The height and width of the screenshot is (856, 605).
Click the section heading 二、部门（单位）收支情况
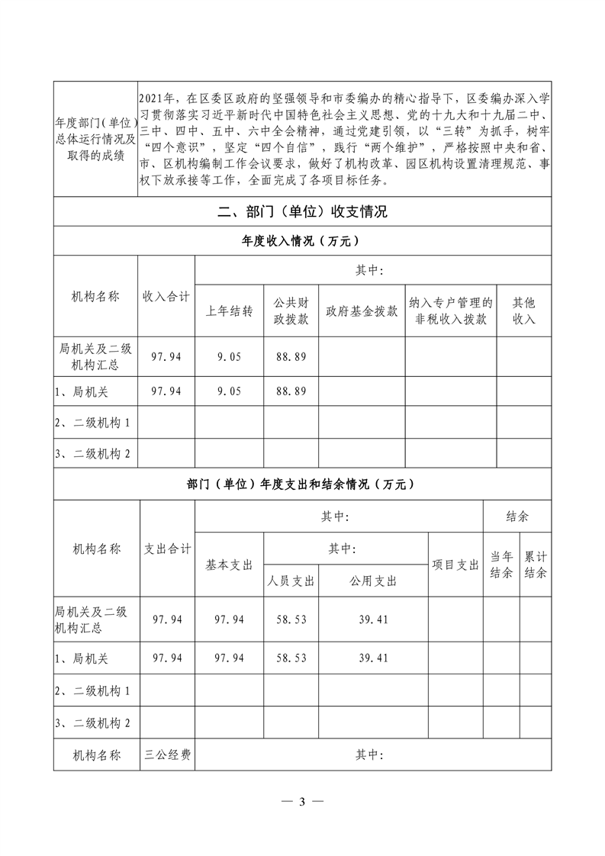[302, 212]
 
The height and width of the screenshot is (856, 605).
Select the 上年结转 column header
[229, 311]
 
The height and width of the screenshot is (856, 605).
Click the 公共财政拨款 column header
[291, 311]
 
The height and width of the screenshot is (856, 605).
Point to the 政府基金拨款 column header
[362, 311]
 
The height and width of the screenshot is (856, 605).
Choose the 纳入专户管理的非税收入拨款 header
[450, 311]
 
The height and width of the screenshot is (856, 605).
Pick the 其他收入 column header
[523, 311]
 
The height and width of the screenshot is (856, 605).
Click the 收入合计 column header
[166, 297]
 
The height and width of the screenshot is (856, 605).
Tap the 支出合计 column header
[168, 549]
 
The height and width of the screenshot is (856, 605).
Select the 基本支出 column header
[229, 565]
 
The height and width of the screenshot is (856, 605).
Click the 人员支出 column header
[291, 581]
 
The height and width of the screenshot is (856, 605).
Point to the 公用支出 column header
[373, 581]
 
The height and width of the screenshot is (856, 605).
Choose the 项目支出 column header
[455, 565]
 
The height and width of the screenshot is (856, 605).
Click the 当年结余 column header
[501, 565]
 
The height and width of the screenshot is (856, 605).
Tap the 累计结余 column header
[536, 565]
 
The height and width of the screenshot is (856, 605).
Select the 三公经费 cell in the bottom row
[168, 755]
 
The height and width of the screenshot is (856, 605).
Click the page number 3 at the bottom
[302, 802]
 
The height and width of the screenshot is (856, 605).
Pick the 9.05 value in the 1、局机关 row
[229, 391]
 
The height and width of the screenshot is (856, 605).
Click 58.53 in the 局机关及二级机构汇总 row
[291, 619]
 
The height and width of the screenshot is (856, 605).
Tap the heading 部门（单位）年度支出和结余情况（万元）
[302, 484]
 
